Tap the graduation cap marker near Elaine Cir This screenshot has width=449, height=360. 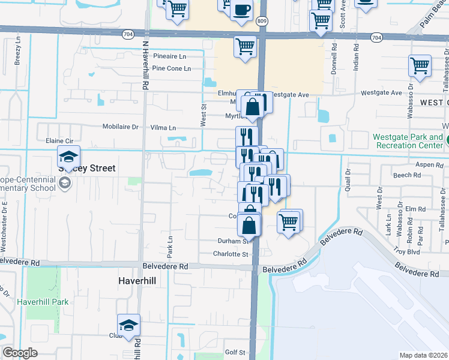pos(69,157)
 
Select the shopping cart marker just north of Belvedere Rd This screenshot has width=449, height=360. pos(289,221)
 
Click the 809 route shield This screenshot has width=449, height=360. pos(261,21)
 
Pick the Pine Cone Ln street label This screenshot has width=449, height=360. pos(171,68)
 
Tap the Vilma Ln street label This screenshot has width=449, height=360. pos(163,128)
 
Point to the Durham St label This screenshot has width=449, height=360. pos(233,241)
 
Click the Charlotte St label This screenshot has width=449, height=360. pos(232,254)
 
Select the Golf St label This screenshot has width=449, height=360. pos(235,352)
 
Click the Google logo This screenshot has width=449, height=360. pos(20,353)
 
